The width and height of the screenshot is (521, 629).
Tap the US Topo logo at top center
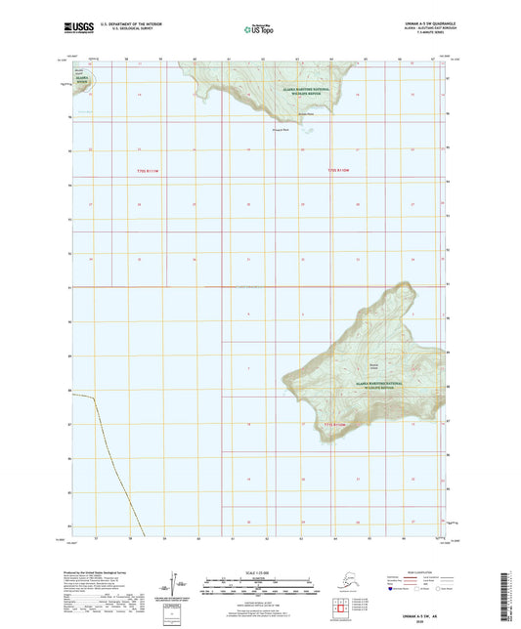pyautogui.click(x=258, y=29)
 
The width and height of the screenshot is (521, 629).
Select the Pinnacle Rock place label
pyautogui.click(x=281, y=129)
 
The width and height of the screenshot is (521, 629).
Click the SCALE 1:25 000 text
pyautogui.click(x=260, y=571)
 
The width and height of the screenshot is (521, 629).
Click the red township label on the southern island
pyautogui.click(x=336, y=425)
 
